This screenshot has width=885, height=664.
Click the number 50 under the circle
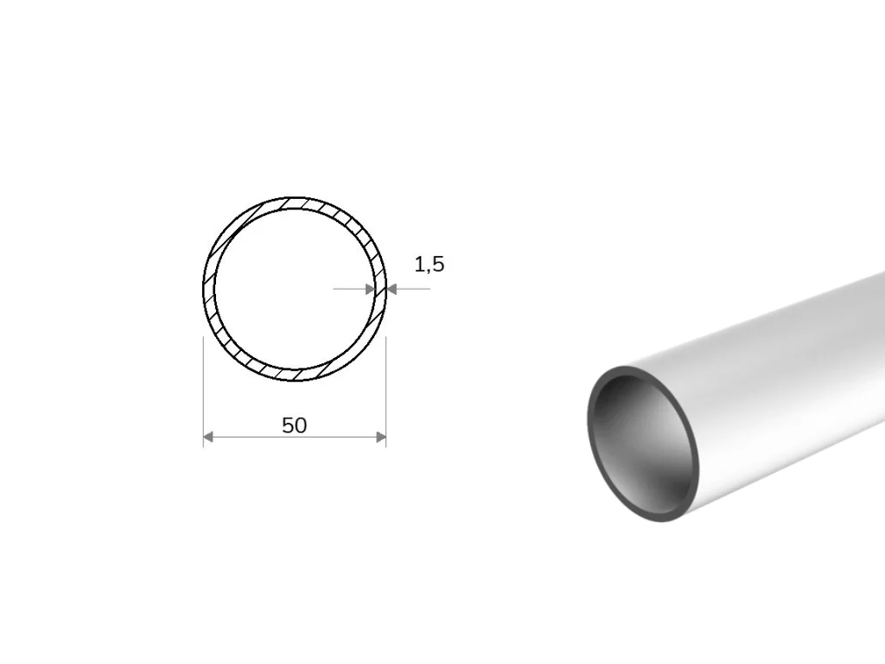294,425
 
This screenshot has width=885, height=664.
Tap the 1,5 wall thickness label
430,265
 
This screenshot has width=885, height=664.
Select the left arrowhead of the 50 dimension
208,437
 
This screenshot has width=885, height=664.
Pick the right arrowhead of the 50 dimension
381,437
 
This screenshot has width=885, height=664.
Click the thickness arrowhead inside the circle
370,289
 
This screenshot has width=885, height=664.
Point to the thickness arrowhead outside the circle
392,289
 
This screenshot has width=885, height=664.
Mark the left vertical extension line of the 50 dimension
203,392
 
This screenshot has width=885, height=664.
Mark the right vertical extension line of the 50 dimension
386,392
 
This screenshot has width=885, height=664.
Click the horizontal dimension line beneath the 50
295,437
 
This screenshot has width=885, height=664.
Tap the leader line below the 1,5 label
413,289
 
